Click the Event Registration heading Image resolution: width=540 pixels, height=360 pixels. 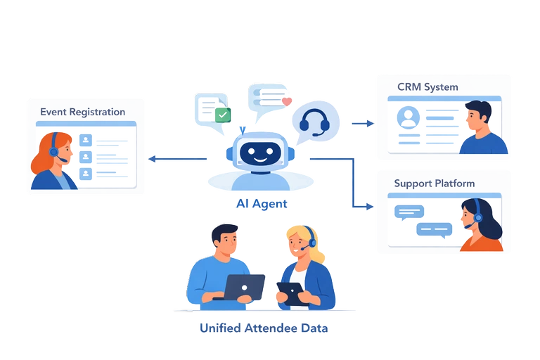point(82,112)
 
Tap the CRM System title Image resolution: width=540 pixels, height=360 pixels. point(427,87)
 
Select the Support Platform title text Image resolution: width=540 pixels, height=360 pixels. point(434,184)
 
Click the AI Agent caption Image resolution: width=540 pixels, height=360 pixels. point(262,204)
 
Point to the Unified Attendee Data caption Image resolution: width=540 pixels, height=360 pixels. point(264,328)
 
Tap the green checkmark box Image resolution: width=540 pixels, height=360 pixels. point(223,115)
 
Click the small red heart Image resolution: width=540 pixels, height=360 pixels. point(286,101)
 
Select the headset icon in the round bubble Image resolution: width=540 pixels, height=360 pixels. point(314,122)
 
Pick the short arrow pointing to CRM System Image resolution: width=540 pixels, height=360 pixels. point(363,124)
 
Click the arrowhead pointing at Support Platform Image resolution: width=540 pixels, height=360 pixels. point(371,206)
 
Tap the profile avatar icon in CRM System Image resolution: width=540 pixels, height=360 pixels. point(406,117)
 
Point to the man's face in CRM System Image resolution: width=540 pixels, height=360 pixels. point(480,117)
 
